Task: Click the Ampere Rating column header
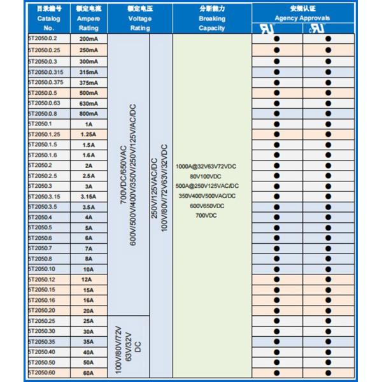pos(88,19)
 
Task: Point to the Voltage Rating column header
pos(139,19)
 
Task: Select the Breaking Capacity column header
pos(212,19)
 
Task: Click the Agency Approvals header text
pos(302,18)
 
